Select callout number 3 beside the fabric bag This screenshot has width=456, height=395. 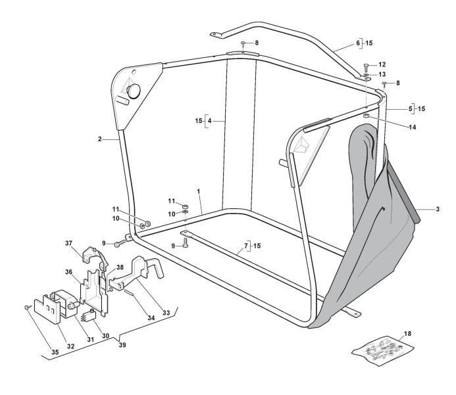(438, 209)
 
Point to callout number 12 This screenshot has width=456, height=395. (383, 65)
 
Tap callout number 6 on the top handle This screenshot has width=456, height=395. (358, 43)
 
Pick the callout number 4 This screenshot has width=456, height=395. (209, 121)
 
